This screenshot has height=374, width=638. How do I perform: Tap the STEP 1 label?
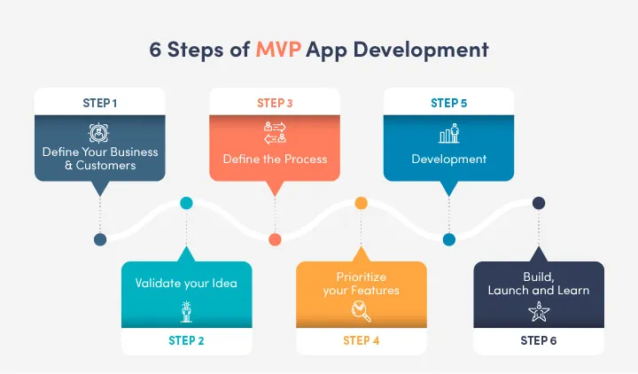tap(100, 103)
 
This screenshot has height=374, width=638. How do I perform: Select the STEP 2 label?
tap(187, 340)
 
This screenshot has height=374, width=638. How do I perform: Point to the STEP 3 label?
tap(275, 103)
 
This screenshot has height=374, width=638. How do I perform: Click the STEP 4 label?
tap(361, 340)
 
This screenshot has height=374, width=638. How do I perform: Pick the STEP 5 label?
tap(448, 103)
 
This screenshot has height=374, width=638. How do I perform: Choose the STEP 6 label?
tap(539, 340)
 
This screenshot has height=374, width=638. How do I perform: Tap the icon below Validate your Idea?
tap(187, 311)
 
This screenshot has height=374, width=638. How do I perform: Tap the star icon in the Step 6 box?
tap(539, 311)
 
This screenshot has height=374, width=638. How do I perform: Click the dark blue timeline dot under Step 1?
tap(100, 239)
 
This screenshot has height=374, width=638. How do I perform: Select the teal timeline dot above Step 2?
tap(186, 203)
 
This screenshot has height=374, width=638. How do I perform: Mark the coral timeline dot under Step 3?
tap(275, 239)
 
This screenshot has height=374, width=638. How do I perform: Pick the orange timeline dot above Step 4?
tap(361, 203)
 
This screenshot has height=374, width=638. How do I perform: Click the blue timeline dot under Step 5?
tap(448, 239)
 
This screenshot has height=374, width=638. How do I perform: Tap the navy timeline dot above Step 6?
tap(538, 203)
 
